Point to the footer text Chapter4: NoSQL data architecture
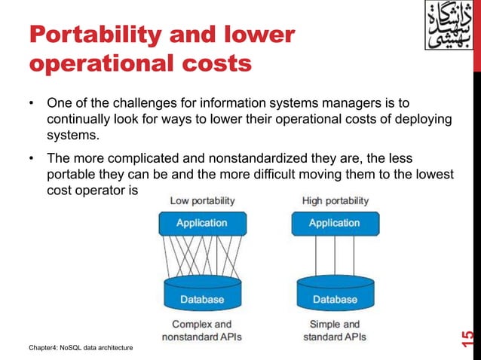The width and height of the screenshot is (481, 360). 81,347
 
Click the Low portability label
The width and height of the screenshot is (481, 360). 202,201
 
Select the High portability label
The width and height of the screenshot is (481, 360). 335,201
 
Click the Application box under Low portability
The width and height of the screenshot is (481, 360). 201,223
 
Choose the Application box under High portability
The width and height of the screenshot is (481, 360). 335,223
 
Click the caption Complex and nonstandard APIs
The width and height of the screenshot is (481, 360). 201,331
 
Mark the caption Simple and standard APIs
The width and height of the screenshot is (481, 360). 335,331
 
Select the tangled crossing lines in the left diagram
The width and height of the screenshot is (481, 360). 201,257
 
